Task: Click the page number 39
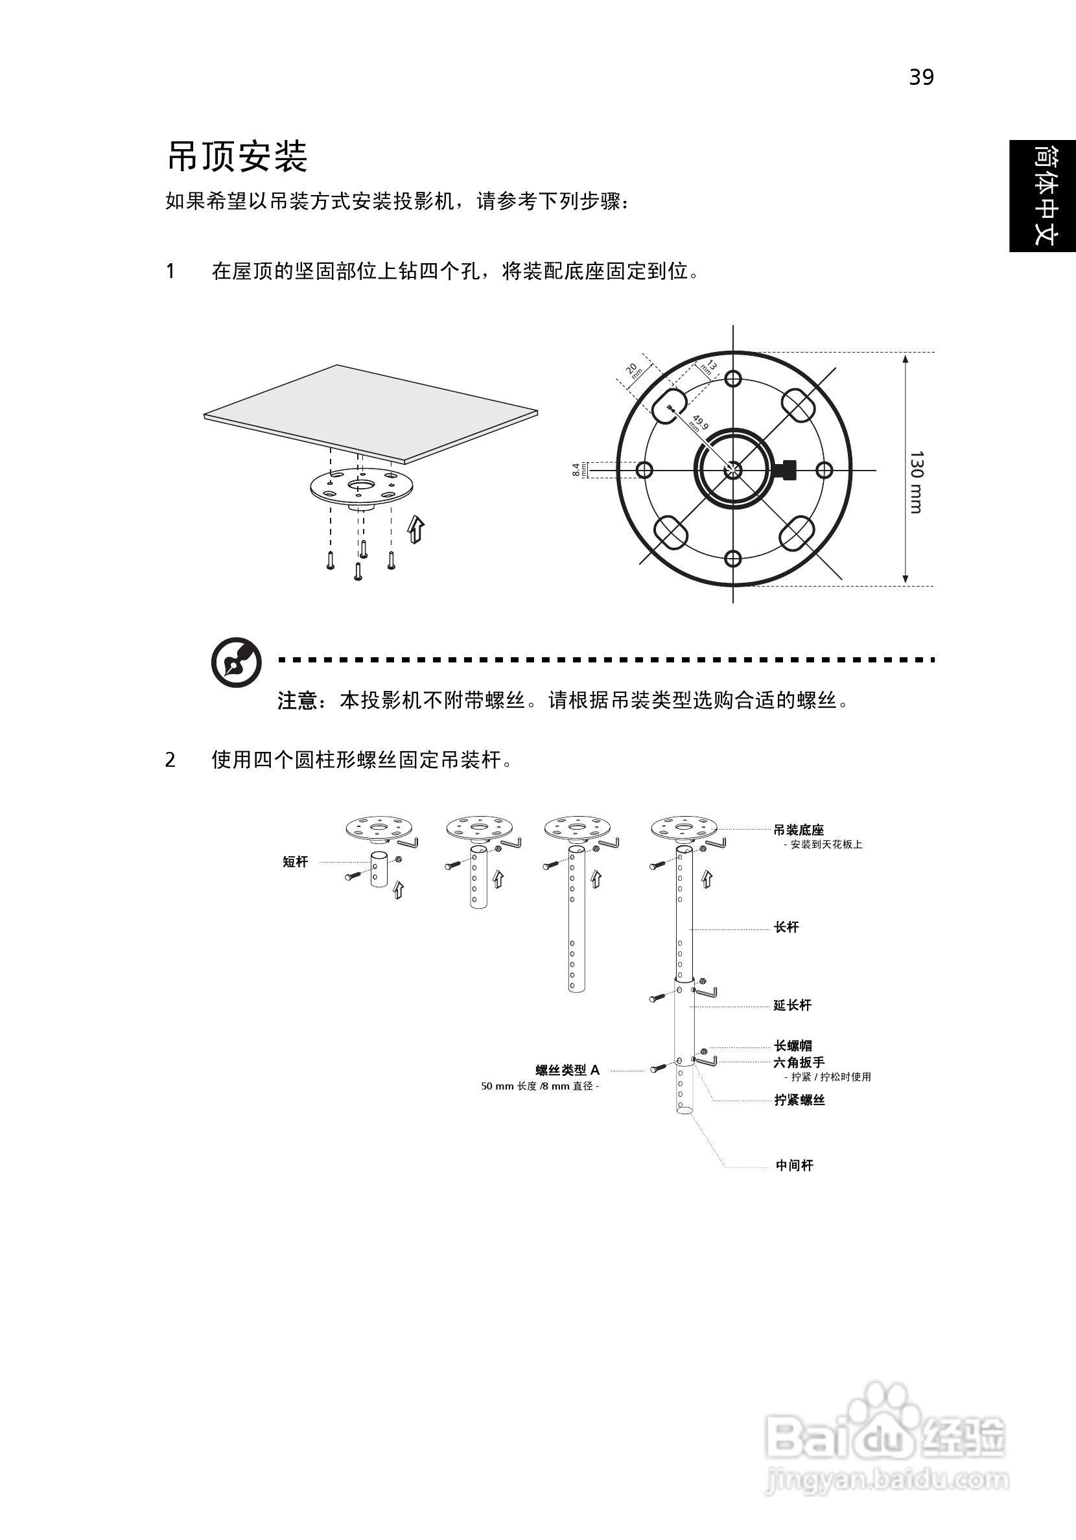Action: point(921,78)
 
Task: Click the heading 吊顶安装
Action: point(237,157)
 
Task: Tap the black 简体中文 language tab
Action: point(1043,196)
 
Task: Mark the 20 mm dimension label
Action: point(633,370)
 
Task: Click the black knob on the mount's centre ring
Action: point(786,469)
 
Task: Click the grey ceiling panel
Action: point(371,411)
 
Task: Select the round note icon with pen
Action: point(236,661)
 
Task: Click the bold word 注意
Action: point(296,701)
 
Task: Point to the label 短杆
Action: point(295,862)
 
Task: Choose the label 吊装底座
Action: point(799,830)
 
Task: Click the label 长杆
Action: point(786,927)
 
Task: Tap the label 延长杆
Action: point(792,1005)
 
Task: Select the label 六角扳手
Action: point(799,1062)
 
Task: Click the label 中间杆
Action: point(794,1167)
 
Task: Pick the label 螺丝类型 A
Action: point(568,1071)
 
